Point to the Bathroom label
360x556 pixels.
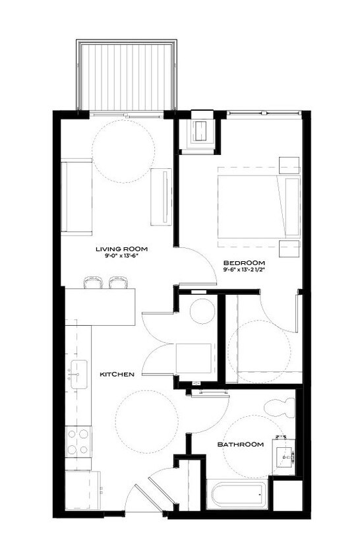(241, 445)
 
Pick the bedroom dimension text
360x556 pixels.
(247, 268)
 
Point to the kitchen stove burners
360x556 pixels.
(78, 442)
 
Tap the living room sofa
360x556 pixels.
(76, 197)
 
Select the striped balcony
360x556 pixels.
(128, 76)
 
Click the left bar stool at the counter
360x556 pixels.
(93, 283)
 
